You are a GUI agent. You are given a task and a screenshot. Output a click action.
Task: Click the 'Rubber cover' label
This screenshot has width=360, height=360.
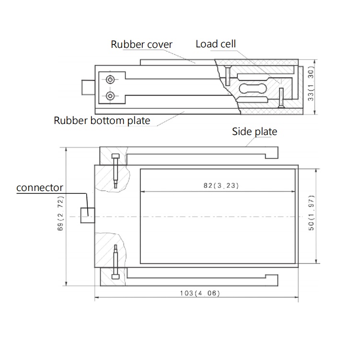(141, 45)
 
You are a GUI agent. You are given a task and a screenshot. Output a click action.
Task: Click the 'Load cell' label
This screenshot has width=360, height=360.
(216, 44)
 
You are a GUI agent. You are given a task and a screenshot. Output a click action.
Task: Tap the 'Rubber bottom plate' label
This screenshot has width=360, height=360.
(102, 120)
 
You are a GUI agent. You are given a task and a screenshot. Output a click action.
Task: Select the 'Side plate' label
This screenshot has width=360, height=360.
(255, 131)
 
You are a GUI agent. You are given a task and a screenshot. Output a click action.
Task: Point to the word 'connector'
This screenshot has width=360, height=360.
(40, 187)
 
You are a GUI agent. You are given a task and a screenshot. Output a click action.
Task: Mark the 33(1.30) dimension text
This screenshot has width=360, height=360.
(311, 87)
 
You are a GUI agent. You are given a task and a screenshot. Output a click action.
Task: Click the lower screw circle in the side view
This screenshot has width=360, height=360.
(111, 96)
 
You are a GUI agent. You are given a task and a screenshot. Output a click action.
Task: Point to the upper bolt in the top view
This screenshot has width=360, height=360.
(116, 170)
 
